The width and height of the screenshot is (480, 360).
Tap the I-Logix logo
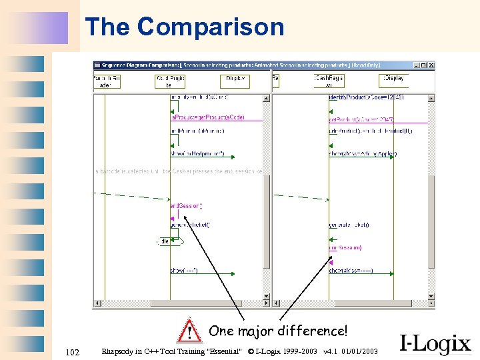(x=435, y=343)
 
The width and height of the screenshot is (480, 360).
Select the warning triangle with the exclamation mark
(x=190, y=330)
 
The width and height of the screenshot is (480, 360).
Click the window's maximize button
(x=423, y=65)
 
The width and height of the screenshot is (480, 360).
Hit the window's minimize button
(x=415, y=65)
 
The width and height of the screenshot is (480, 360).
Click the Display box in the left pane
(x=235, y=81)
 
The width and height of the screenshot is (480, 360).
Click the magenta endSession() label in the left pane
(x=187, y=206)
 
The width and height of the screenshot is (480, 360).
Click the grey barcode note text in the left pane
(x=180, y=171)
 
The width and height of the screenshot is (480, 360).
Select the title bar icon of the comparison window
(x=97, y=65)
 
